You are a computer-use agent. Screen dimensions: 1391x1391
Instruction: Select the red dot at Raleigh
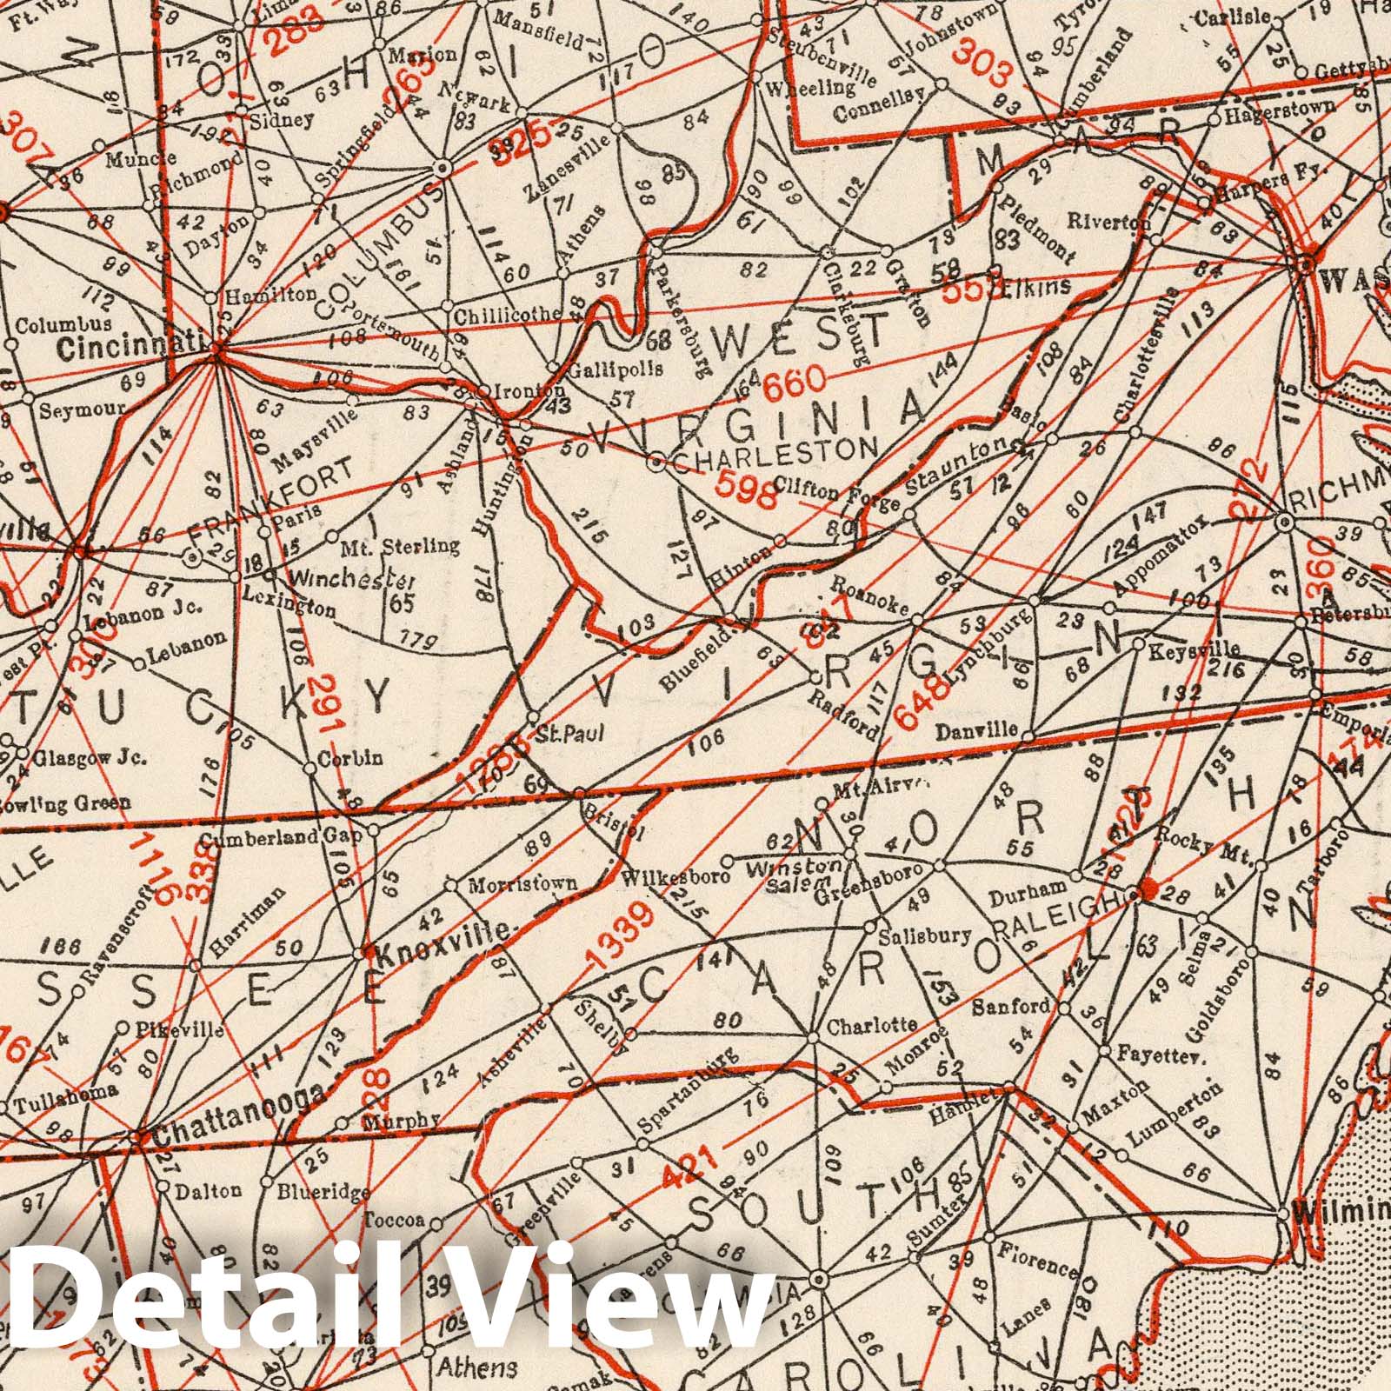tap(1148, 889)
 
